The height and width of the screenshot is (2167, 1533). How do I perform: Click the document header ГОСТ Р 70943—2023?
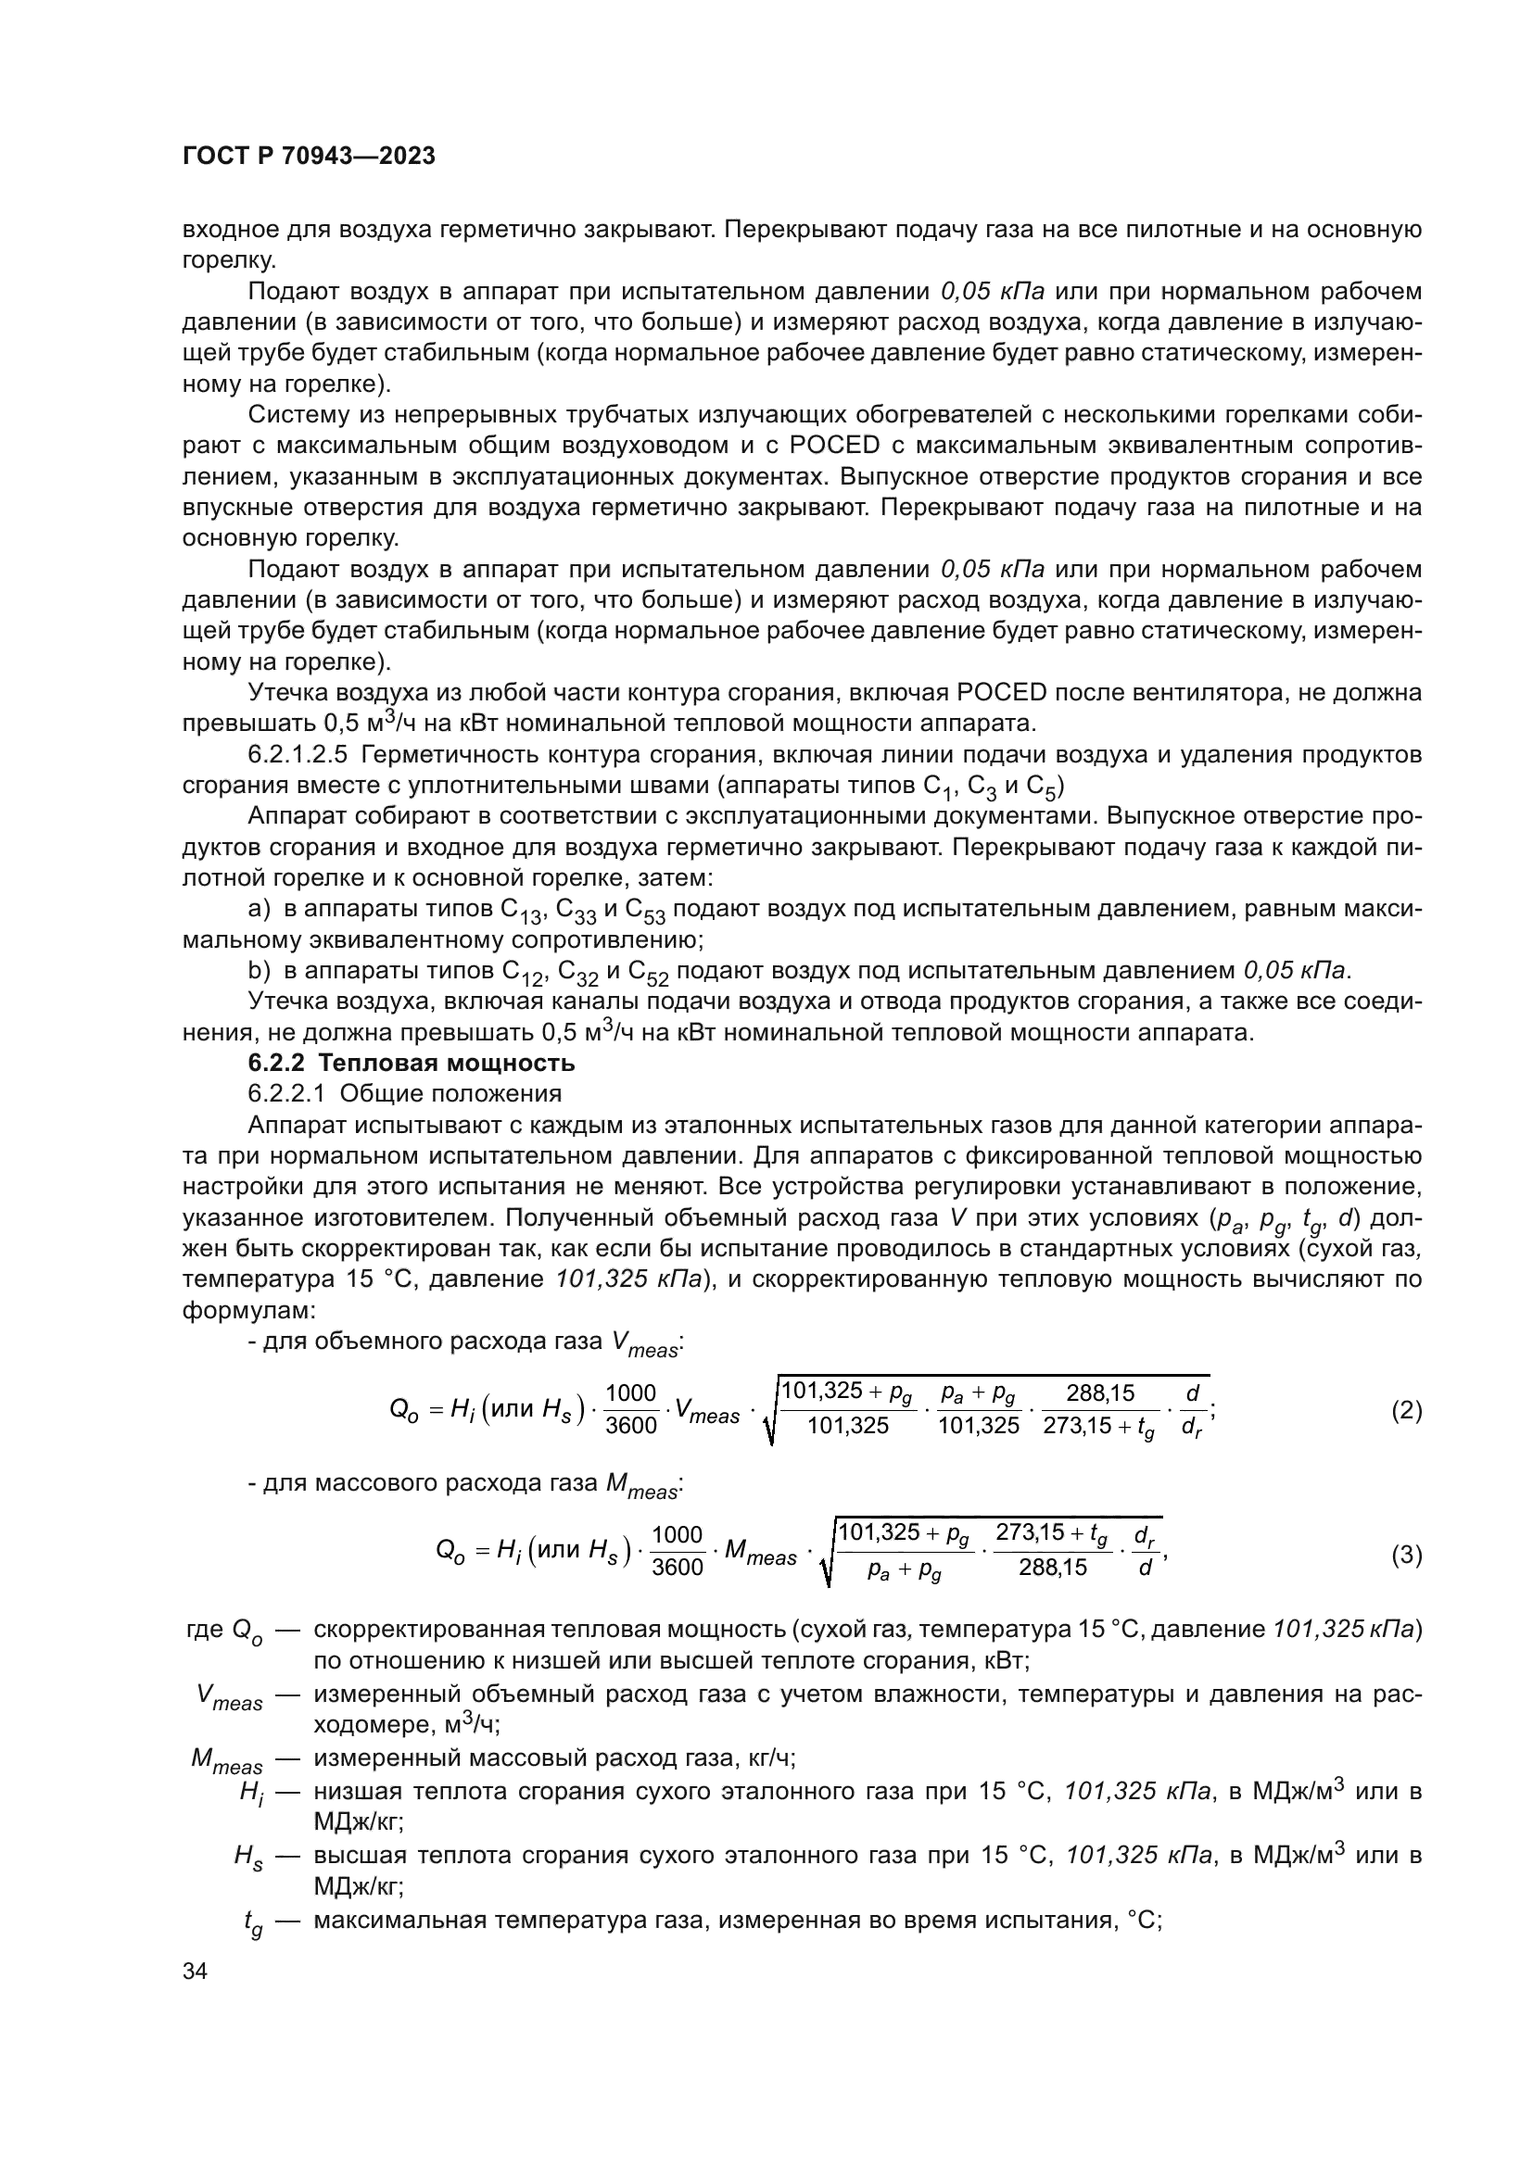[x=309, y=157]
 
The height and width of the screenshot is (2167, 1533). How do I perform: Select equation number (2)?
[x=1407, y=1410]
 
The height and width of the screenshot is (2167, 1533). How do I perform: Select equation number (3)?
[x=1407, y=1555]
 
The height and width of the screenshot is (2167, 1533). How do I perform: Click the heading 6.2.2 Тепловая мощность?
[x=412, y=1063]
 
